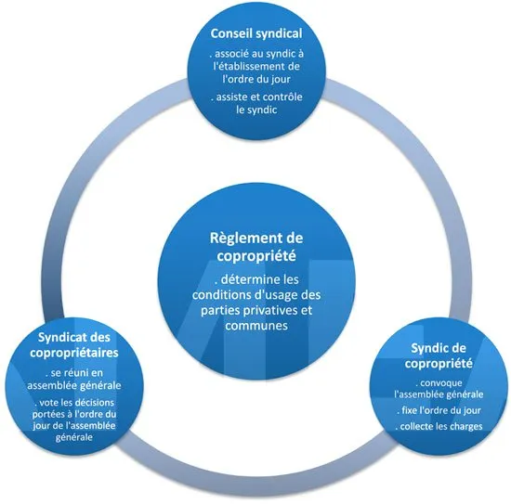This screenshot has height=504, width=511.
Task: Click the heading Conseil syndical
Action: (x=256, y=33)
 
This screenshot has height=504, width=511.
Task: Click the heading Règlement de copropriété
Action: (x=256, y=247)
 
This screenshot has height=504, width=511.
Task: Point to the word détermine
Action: (x=250, y=279)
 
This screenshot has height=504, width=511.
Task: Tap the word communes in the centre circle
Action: (x=256, y=326)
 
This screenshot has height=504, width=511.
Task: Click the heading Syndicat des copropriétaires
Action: (x=74, y=344)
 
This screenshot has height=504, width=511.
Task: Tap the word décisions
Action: (x=95, y=403)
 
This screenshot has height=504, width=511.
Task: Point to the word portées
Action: (x=46, y=415)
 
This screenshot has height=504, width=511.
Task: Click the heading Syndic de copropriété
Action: (x=439, y=355)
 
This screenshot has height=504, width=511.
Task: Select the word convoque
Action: (x=441, y=383)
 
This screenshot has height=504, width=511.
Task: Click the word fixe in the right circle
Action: (x=410, y=410)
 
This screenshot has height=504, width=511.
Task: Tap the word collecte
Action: (x=419, y=427)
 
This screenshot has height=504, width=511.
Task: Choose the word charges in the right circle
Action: (x=467, y=427)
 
